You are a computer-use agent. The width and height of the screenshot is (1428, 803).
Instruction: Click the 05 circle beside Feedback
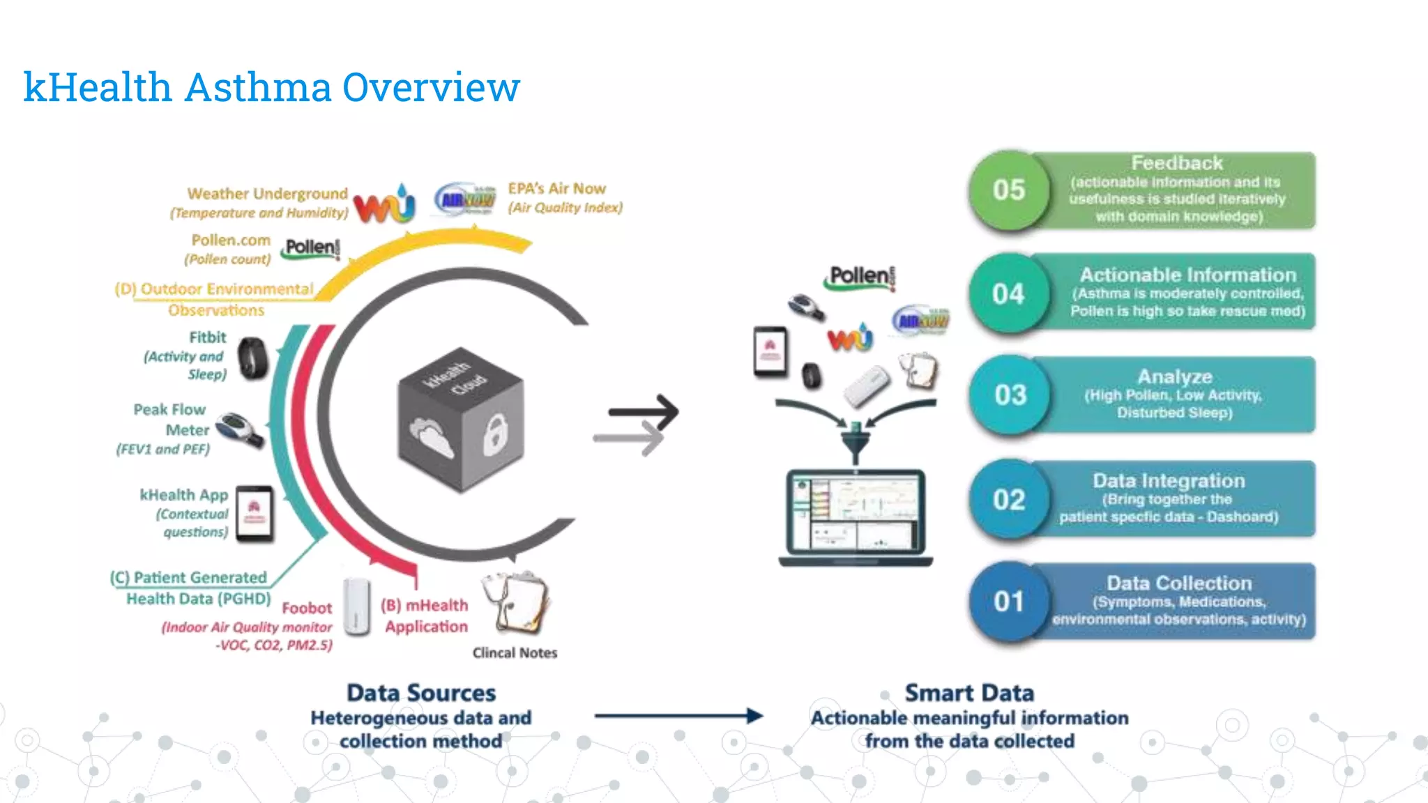1008,190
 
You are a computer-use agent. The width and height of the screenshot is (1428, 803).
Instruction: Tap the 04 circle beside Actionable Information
1008,293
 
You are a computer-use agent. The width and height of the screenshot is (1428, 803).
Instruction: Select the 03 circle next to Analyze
1010,395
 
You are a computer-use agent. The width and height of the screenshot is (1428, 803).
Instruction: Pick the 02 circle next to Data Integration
1008,500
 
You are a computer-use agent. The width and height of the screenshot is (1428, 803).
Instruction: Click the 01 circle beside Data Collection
1008,602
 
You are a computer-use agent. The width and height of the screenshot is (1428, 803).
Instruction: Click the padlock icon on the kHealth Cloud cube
495,434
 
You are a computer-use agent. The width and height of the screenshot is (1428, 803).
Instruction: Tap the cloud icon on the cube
431,438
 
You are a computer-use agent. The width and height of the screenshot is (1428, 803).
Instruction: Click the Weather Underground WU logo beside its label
384,204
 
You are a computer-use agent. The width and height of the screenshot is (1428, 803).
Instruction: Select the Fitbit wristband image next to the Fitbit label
252,358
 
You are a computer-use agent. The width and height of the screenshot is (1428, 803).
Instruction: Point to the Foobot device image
356,606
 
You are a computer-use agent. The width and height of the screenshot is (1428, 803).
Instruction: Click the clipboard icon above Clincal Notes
517,602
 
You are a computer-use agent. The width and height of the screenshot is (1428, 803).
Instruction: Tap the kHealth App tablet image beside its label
254,514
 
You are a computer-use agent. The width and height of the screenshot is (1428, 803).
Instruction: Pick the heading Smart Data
969,693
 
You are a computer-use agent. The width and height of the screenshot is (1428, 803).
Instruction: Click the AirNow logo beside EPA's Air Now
465,201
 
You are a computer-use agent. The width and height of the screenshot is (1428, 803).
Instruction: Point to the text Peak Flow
169,410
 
